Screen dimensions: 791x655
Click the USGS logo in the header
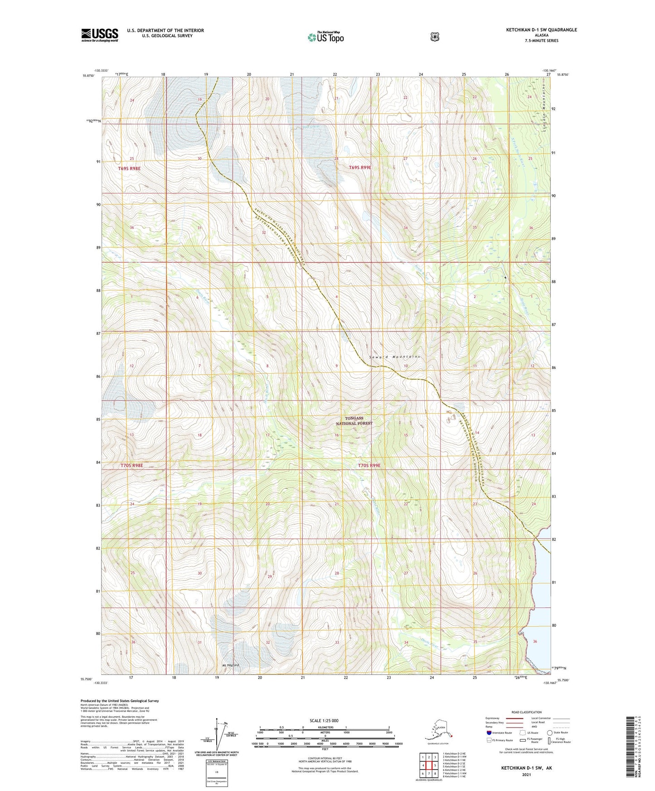tap(100, 35)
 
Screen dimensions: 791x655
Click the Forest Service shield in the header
tap(435, 37)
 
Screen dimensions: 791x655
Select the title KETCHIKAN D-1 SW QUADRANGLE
tap(541, 30)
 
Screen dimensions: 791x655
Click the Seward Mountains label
tap(394, 357)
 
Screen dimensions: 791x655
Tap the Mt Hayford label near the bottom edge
tap(230, 665)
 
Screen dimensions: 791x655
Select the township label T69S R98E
tap(130, 169)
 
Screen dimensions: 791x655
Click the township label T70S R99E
tap(369, 465)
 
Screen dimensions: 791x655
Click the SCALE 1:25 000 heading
tap(324, 720)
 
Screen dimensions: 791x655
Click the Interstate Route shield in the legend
tap(489, 733)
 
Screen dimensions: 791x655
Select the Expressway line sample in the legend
tap(514, 718)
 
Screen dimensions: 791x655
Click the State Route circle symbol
tap(549, 733)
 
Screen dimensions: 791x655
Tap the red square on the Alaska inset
tap(451, 736)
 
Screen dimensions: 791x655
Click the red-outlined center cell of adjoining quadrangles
tap(428, 765)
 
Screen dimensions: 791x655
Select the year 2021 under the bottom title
tap(526, 774)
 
